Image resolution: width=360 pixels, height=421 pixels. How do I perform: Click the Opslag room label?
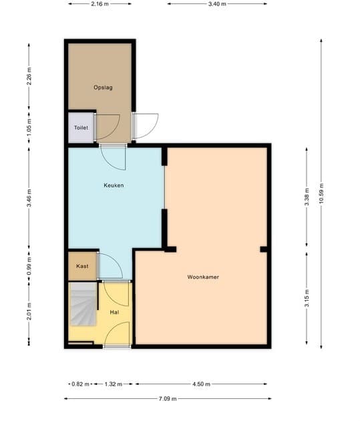(103, 88)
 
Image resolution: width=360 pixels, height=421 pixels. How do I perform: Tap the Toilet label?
(81, 128)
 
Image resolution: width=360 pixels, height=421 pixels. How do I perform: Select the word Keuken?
(114, 185)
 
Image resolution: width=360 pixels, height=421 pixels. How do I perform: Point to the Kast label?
(82, 266)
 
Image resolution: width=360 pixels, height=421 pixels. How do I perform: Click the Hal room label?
(114, 312)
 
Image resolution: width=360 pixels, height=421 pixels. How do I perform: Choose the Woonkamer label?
(203, 277)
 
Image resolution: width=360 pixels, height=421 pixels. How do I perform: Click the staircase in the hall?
(83, 304)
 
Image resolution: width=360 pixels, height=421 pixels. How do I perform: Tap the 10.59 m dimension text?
(321, 194)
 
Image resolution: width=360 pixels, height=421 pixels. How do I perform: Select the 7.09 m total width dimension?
(168, 399)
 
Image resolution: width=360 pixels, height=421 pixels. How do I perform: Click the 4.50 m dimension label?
(201, 384)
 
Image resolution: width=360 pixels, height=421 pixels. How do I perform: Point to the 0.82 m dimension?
(80, 384)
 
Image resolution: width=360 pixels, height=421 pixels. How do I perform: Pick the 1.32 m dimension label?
(113, 384)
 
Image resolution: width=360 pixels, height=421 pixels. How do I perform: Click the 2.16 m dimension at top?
(100, 4)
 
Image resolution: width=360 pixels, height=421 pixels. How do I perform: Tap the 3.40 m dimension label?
(217, 4)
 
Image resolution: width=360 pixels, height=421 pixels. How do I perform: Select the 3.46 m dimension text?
(29, 198)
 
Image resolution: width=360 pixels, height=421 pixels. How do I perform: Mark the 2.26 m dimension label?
(29, 76)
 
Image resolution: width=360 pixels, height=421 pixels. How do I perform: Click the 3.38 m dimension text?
(307, 197)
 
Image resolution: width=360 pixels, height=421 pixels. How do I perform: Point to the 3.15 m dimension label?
(307, 298)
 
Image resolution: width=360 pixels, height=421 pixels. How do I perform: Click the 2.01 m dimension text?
(29, 311)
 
